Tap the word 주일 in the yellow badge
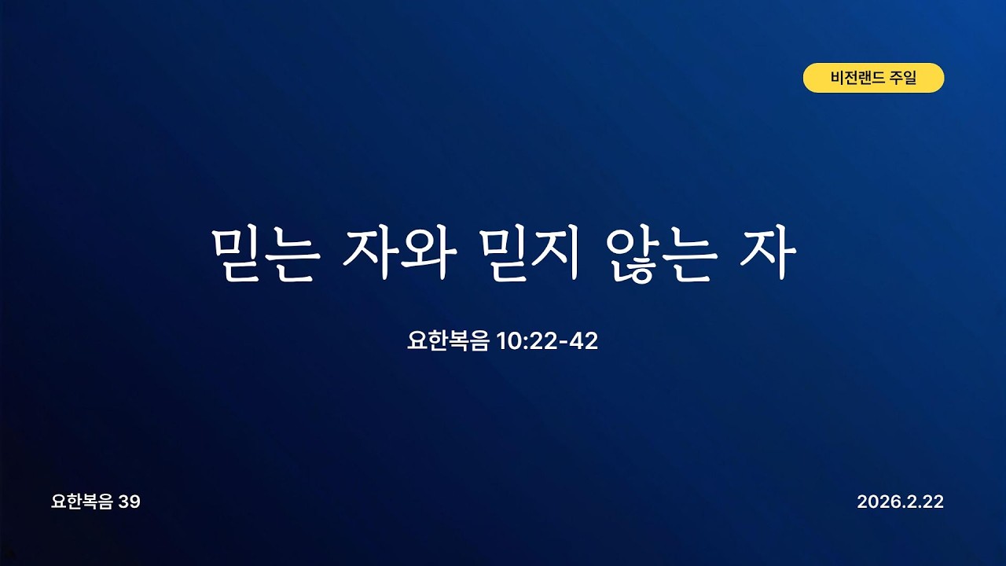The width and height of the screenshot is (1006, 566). pos(903,79)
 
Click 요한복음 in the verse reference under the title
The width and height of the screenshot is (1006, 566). pos(448,341)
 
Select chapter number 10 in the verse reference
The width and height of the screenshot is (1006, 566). pos(508,341)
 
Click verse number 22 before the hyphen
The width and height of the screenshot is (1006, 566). pos(540,341)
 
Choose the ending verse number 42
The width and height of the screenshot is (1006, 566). pos(581,341)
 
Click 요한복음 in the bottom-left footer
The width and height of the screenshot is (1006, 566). pos(82,502)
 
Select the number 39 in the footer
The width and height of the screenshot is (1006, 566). pos(130,502)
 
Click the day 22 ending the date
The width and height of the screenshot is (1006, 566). pos(932,502)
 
